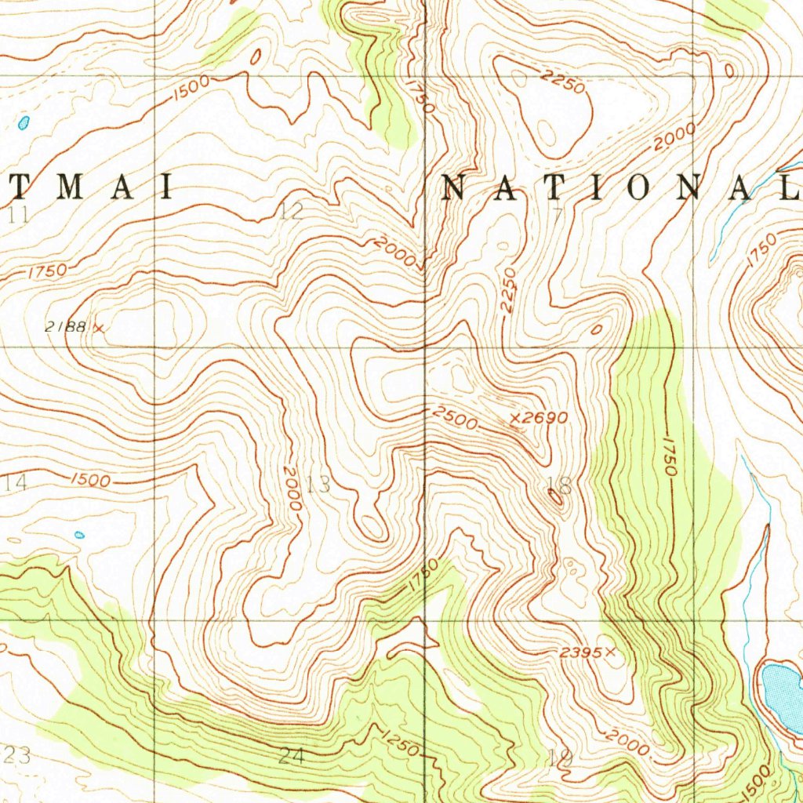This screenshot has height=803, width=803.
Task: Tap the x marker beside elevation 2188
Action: tap(99, 328)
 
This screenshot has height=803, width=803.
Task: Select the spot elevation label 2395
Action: tap(581, 652)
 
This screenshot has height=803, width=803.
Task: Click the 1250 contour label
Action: tap(401, 743)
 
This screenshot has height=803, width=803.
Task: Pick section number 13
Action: tap(318, 485)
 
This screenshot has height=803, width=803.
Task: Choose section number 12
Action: tap(292, 210)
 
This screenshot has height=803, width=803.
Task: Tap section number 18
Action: tap(561, 486)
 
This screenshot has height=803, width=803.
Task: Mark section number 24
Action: tap(291, 757)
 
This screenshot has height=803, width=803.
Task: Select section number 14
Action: tap(16, 483)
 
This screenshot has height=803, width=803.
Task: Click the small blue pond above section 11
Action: tap(24, 122)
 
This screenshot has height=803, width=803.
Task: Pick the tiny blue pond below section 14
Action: tap(79, 535)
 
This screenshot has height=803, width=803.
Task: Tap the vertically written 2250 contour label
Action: tap(509, 292)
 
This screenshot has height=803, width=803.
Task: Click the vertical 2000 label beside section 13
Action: tap(292, 488)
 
